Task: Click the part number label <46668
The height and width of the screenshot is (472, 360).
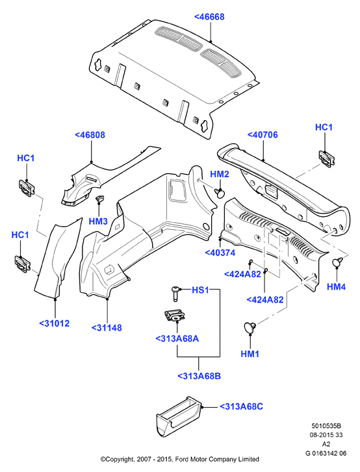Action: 209,17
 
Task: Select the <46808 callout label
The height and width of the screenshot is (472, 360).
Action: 90,135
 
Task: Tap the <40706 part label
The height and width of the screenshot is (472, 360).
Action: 263,135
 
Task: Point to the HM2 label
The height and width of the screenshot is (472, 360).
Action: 219,174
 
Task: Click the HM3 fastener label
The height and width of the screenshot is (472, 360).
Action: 98,221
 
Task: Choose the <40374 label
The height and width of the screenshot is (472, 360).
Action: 220,253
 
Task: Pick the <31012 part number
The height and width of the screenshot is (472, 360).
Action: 55,323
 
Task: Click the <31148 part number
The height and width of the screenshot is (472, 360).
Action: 107,328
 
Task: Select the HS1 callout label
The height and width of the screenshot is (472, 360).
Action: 200,290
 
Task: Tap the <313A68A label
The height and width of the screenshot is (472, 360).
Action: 177,339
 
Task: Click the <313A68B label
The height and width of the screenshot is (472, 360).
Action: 199,376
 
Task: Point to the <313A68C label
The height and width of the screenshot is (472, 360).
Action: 241,406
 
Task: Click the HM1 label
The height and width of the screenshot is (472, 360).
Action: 250,354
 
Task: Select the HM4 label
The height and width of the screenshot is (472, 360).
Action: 336,287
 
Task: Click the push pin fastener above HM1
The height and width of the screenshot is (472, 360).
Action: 250,327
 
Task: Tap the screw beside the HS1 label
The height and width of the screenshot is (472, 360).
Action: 175,292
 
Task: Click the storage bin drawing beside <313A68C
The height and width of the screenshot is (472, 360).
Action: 178,417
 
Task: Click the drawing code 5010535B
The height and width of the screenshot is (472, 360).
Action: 326,426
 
